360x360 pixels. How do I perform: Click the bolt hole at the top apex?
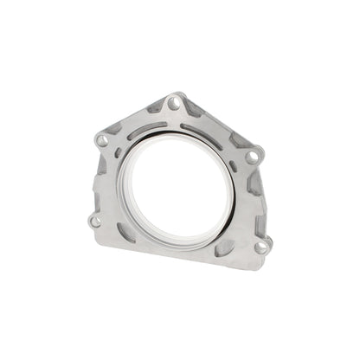tap(174, 103)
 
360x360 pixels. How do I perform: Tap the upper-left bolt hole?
tap(103, 139)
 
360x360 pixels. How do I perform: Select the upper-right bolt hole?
tap(252, 157)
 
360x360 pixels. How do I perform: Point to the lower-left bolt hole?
tap(94, 221)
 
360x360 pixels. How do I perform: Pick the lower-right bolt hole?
tap(260, 247)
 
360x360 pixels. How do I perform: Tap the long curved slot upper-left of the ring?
tap(145, 132)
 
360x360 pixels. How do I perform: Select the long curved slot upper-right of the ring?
tap(202, 136)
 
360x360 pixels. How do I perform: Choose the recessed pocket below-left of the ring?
tap(125, 232)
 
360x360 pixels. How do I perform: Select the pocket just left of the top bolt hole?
tap(156, 107)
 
